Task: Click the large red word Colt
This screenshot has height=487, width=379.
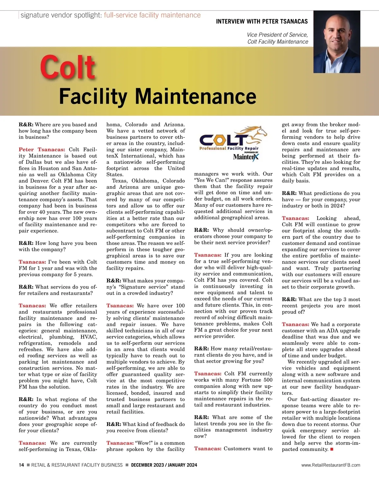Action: click(x=68, y=67)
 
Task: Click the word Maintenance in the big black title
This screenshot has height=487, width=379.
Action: click(x=196, y=96)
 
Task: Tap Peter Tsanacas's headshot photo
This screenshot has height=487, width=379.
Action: click(x=337, y=42)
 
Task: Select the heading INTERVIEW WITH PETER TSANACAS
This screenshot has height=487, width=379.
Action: click(x=262, y=21)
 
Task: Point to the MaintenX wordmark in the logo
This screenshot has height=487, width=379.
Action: click(x=246, y=157)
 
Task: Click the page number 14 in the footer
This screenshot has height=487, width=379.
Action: click(x=21, y=465)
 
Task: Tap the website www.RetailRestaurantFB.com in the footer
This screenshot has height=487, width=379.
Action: click(x=331, y=465)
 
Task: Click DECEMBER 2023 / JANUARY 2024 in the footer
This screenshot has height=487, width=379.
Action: click(x=164, y=465)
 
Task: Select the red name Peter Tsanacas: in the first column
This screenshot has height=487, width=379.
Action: click(x=42, y=149)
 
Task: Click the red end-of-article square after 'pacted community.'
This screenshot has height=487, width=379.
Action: click(x=332, y=449)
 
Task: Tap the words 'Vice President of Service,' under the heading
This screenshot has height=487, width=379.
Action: click(x=277, y=35)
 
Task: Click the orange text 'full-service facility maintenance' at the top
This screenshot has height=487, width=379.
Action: click(x=152, y=15)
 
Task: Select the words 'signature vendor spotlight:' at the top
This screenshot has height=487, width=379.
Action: click(x=61, y=15)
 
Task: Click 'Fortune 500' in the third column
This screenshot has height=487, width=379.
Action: click(x=256, y=380)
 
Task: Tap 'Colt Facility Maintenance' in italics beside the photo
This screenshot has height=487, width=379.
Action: click(x=278, y=42)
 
